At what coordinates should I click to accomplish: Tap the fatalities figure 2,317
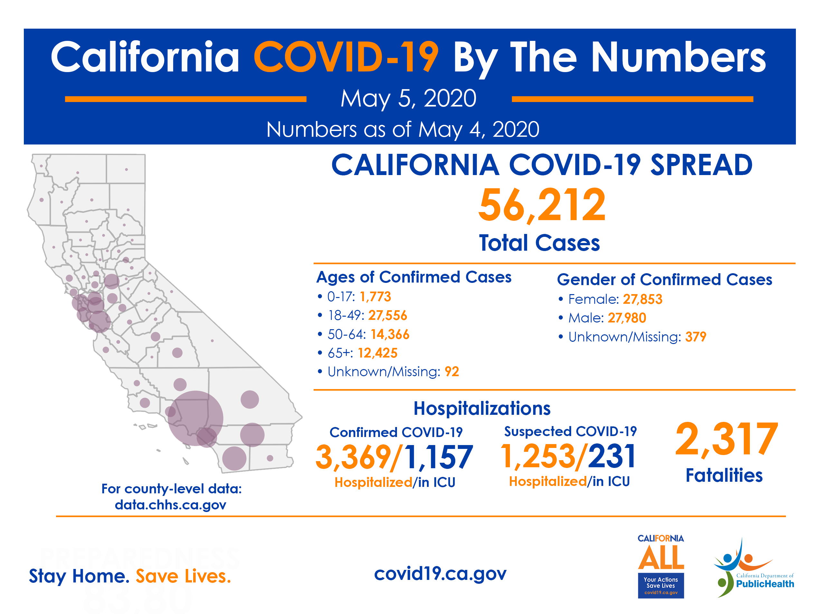pos(726,439)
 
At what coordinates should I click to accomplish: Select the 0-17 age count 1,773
pos(375,297)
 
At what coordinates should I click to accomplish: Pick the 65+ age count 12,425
pos(377,353)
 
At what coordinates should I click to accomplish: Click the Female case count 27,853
pos(643,299)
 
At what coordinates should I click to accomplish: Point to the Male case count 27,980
pos(627,318)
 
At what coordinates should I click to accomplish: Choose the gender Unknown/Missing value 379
pos(695,337)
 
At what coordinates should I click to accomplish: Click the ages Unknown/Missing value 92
pos(452,371)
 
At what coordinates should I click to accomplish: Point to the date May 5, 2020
pos(408,99)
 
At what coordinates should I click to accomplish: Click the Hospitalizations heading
pos(482,408)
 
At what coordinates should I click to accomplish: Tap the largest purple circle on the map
pos(195,418)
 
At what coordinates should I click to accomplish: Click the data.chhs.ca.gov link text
pos(170,505)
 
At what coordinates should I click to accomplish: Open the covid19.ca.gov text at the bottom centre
pos(440,573)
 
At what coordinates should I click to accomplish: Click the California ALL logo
pos(661,566)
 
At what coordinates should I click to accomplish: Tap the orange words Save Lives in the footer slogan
pos(183,576)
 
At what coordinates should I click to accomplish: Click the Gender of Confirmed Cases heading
pos(665,280)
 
